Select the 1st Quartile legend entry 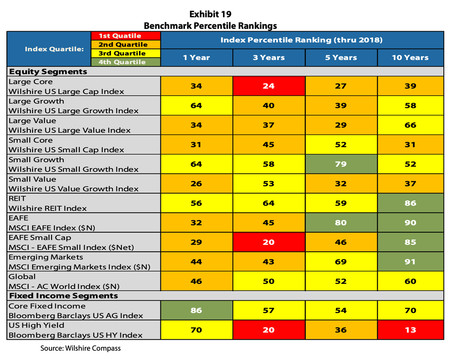pos(120,36)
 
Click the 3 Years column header pos(269,58)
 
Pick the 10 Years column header pos(410,58)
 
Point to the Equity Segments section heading pos(48,72)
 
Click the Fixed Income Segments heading pos(63,296)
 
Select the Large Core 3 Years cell pos(269,86)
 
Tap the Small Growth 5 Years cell pos(341,164)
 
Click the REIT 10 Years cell pos(410,203)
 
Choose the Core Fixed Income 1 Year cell pos(196,310)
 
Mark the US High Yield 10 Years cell pos(410,330)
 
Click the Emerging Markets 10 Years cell pos(410,262)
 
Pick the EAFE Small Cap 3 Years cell pos(269,242)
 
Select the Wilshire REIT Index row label pos(48,208)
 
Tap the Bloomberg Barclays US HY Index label pos(76,335)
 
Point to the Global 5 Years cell pos(341,281)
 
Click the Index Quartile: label pos(48,49)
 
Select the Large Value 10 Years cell pos(410,125)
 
